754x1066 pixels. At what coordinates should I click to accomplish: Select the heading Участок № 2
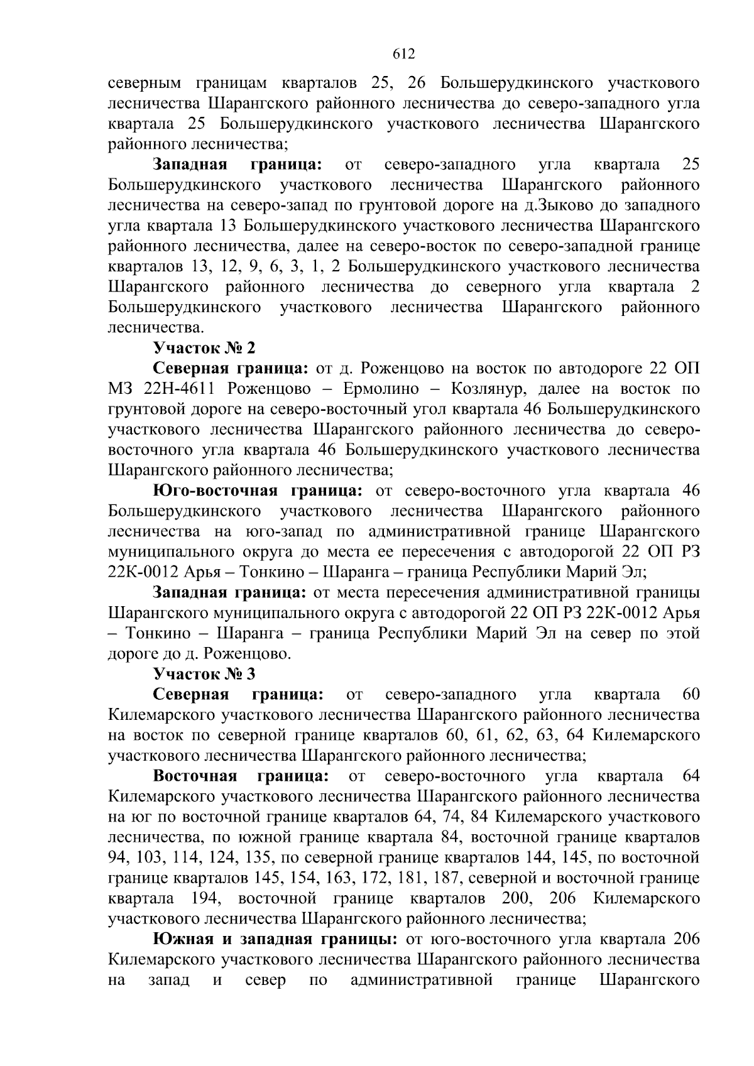pyautogui.click(x=205, y=348)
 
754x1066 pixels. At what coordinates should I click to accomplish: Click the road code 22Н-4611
pyautogui.click(x=176, y=389)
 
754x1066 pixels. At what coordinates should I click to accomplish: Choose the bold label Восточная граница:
pyautogui.click(x=241, y=776)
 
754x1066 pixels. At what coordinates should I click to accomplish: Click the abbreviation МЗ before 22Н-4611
pyautogui.click(x=120, y=389)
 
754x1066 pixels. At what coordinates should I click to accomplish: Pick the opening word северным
pyautogui.click(x=145, y=83)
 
